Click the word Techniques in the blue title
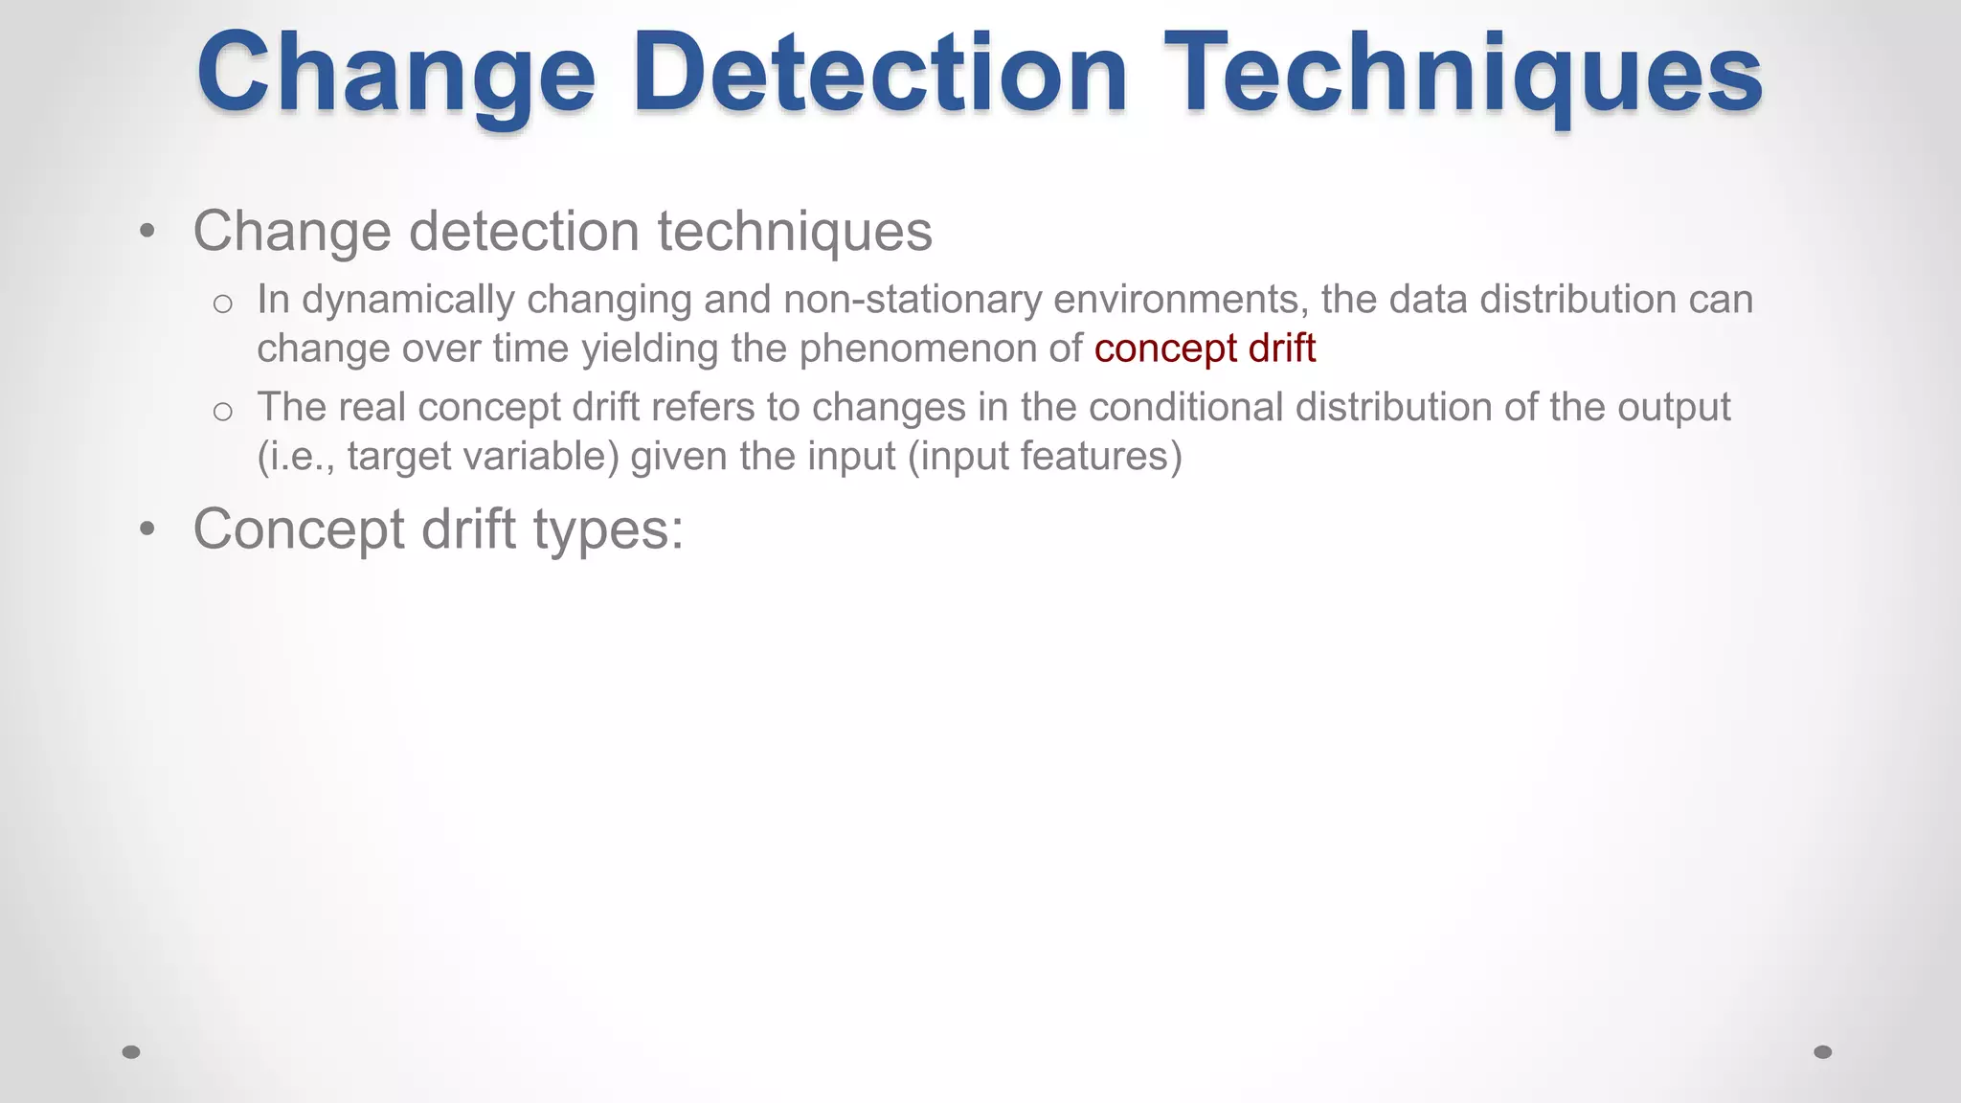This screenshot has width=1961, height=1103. pyautogui.click(x=1463, y=75)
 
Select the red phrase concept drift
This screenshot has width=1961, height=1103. pyautogui.click(x=1205, y=349)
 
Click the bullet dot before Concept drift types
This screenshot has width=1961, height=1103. pyautogui.click(x=147, y=529)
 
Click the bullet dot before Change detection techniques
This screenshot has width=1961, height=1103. pyautogui.click(x=147, y=231)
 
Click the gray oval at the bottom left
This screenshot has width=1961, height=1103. pyautogui.click(x=131, y=1052)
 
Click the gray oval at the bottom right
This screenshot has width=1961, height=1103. pyautogui.click(x=1823, y=1052)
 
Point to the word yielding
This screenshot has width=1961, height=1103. pyautogui.click(x=650, y=349)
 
